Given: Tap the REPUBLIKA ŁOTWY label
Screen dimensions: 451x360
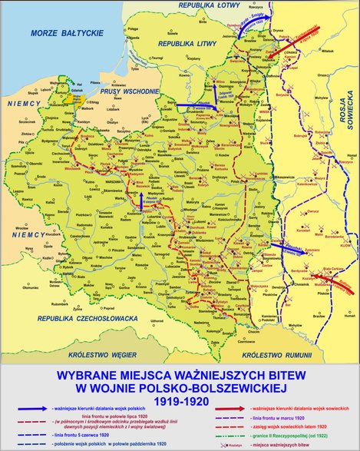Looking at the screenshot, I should [x=209, y=5].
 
